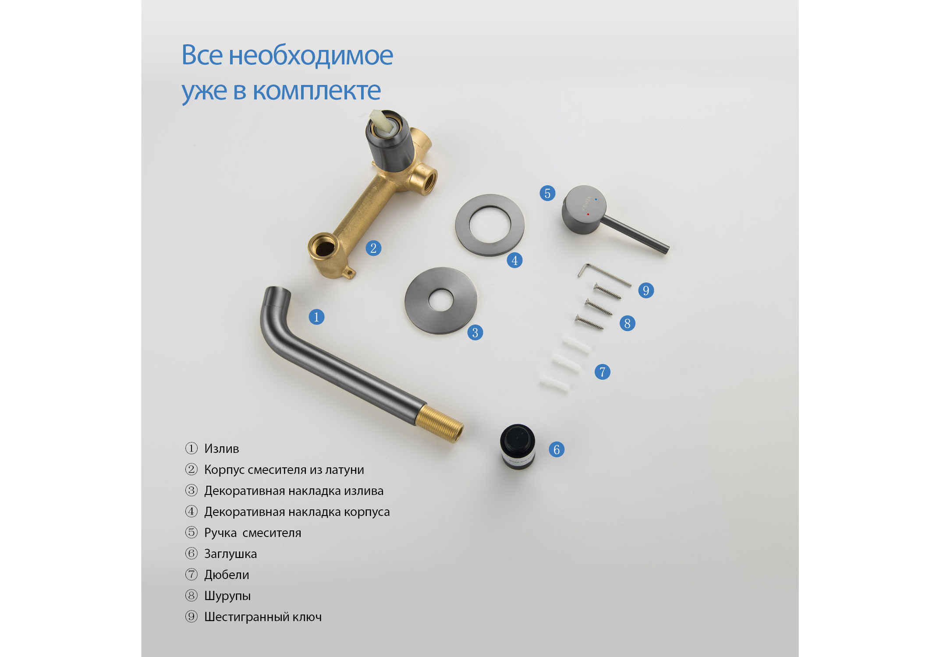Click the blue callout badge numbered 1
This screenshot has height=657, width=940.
coord(316,317)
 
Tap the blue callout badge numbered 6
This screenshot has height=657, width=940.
coord(557,449)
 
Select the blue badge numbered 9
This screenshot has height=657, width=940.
coord(646,290)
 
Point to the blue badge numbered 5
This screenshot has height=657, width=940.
coord(547,193)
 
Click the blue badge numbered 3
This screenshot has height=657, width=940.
coord(475,332)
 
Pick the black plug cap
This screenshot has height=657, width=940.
coord(518,446)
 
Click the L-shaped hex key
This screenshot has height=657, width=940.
coord(603,273)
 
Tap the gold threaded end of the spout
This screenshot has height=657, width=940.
coord(439,423)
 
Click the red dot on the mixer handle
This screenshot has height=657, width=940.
coord(588,214)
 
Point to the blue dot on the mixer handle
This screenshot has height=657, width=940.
coord(596,199)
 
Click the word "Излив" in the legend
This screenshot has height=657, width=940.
coord(221,449)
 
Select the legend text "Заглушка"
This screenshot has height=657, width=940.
coord(231,554)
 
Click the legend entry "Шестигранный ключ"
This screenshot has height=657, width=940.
coord(262,617)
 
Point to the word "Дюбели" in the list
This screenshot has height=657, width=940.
coord(227,575)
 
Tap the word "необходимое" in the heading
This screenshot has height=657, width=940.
coord(311,56)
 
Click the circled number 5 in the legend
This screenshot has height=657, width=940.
coord(192,532)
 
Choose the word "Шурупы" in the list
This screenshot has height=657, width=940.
coord(227,596)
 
